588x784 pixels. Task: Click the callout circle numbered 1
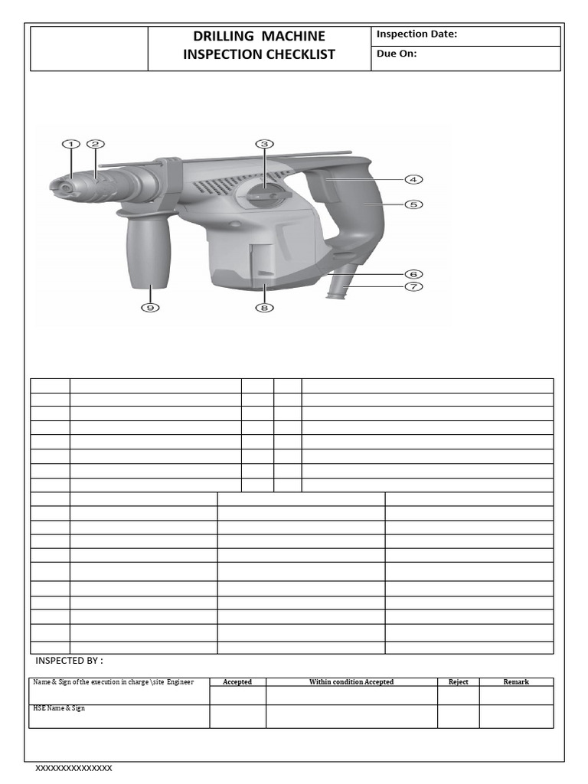click(70, 143)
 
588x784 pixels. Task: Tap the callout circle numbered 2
click(95, 143)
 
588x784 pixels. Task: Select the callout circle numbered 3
click(264, 143)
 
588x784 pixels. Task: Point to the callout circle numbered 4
click(413, 179)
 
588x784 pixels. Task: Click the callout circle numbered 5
click(413, 204)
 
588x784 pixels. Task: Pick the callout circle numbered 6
click(413, 273)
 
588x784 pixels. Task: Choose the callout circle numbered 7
click(413, 286)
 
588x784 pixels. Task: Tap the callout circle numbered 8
click(264, 308)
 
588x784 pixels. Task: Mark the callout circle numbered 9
click(149, 308)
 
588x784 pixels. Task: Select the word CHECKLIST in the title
click(295, 54)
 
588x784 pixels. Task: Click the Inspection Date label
click(416, 34)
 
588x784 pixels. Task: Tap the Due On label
click(397, 54)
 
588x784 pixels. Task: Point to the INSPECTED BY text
click(69, 661)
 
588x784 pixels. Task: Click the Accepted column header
click(237, 681)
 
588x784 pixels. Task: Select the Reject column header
click(459, 681)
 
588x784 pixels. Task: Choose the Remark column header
click(516, 681)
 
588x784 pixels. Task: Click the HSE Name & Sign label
click(58, 708)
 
